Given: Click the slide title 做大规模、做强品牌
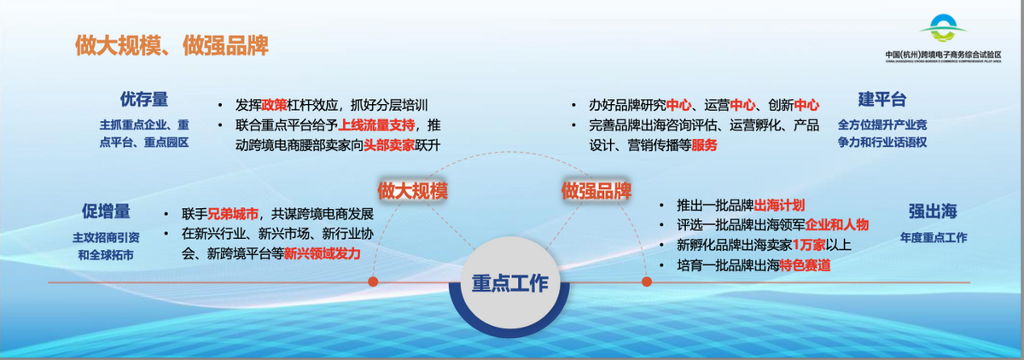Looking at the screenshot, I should tap(172, 45).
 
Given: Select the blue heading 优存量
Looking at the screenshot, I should tap(143, 100).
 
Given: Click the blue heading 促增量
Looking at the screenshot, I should tap(106, 211).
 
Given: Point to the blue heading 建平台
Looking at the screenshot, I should tap(881, 100).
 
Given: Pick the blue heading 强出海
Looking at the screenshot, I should tap(933, 211).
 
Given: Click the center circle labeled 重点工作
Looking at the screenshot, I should tap(510, 283).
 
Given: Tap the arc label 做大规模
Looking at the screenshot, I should tap(413, 189).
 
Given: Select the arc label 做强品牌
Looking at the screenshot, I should tap(596, 189).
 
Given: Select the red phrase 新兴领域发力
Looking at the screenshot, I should tap(323, 253).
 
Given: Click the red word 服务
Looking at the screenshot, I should tap(704, 145).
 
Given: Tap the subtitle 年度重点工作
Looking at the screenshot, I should tap(933, 238).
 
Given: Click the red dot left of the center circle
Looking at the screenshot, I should tap(373, 281).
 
